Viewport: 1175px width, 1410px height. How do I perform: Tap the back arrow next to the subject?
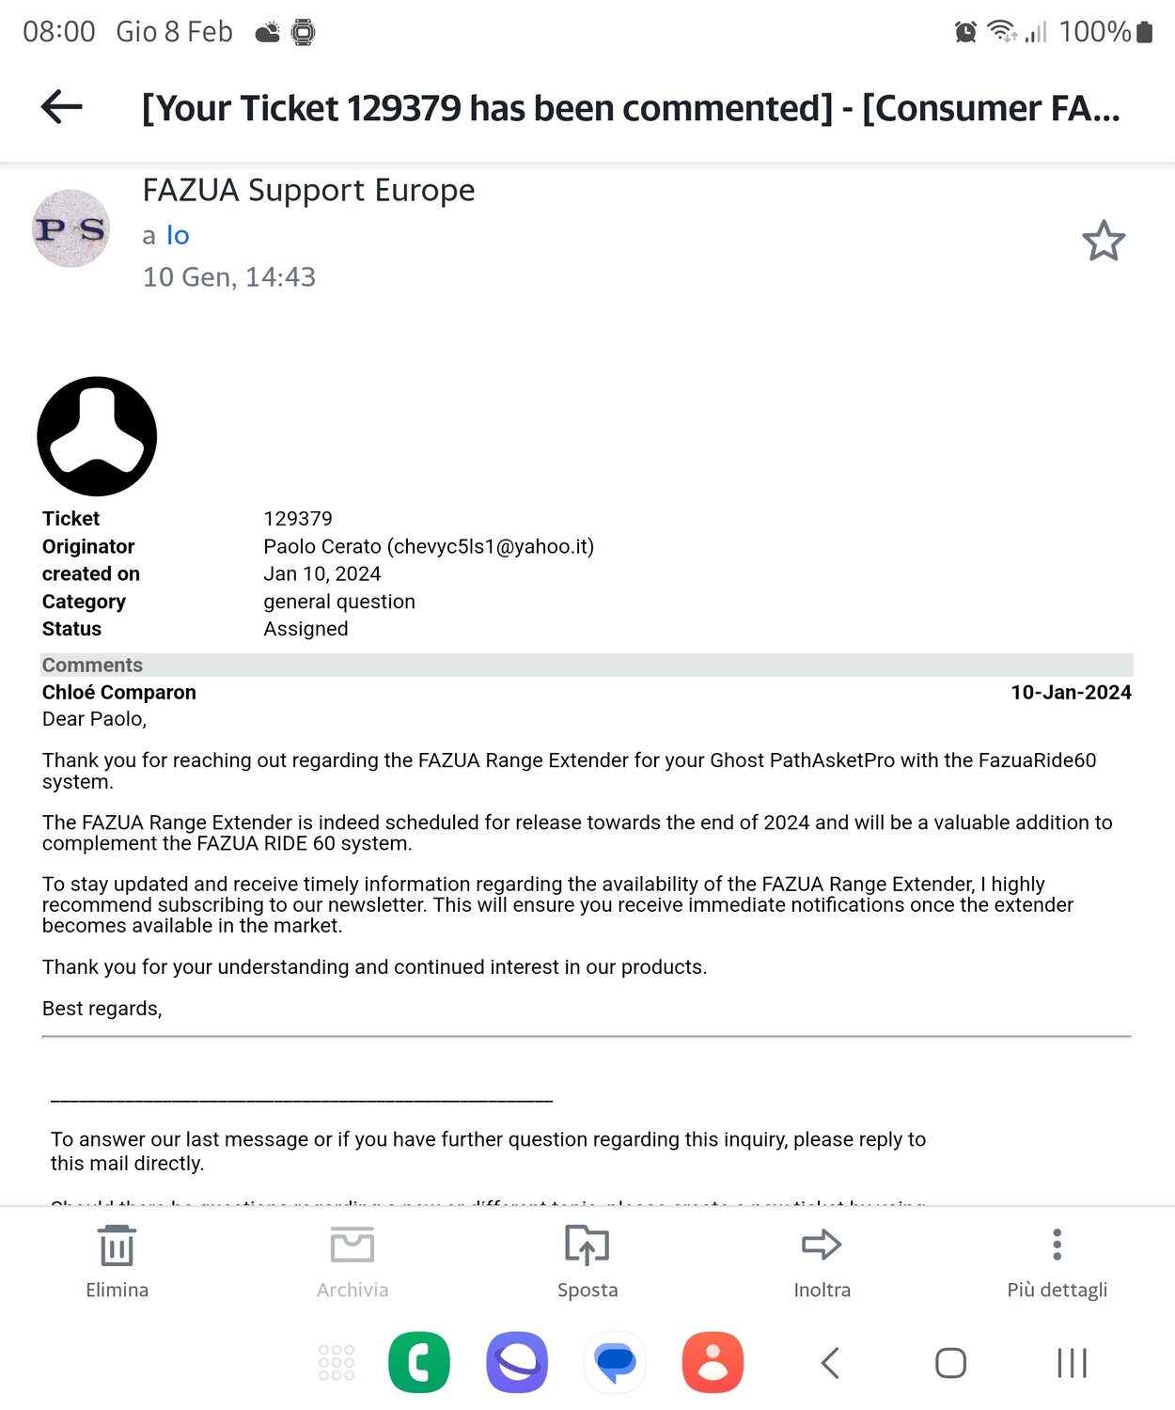pos(62,107)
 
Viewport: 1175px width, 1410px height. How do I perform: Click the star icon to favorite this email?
pos(1103,241)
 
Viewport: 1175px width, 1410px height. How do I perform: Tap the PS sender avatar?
pos(70,228)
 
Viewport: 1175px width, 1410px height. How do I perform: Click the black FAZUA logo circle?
pos(97,436)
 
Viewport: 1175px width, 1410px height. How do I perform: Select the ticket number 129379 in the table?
pos(297,519)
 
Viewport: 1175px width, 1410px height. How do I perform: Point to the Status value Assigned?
pos(305,629)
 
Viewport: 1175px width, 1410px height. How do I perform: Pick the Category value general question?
pos(338,602)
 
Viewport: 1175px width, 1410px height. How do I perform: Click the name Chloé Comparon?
pos(119,693)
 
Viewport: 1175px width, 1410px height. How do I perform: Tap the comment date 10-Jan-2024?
pos(1071,693)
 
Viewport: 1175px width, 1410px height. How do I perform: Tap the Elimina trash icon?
pos(117,1246)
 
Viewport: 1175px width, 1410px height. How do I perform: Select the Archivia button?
pos(352,1246)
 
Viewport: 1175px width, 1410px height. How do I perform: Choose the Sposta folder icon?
pos(587,1246)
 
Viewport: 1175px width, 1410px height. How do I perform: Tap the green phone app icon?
pos(419,1362)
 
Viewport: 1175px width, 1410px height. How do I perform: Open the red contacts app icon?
pos(713,1362)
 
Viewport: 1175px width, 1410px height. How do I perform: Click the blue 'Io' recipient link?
pos(178,236)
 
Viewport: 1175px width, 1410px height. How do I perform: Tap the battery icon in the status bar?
pos(1144,32)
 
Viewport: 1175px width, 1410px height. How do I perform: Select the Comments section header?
pos(92,666)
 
